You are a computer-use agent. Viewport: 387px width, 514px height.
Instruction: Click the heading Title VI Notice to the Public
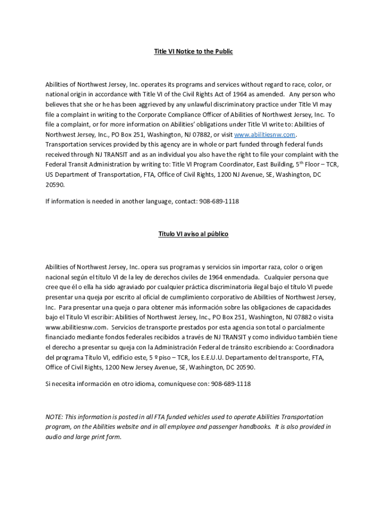[x=193, y=52]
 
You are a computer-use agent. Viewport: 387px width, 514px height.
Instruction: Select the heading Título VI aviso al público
[x=193, y=234]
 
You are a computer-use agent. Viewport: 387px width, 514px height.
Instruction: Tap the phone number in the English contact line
[x=219, y=201]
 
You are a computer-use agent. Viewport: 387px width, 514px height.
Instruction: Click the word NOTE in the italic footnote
[x=54, y=417]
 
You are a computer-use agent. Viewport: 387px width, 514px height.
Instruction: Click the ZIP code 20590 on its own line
[x=55, y=185]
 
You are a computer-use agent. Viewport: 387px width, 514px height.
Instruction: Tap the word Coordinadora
[x=311, y=347]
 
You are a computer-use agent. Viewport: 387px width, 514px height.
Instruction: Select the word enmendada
[x=237, y=277]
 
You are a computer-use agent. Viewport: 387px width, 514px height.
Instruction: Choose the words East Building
[x=263, y=165]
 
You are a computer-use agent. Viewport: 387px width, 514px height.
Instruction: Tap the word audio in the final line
[x=53, y=437]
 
